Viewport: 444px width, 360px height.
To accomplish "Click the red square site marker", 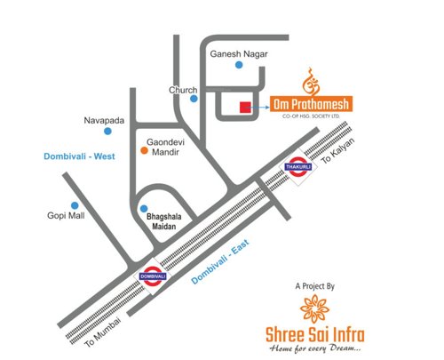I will [x=243, y=108].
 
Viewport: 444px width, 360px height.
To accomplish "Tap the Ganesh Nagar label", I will [x=237, y=53].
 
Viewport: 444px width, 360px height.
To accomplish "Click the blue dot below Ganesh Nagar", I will [x=238, y=66].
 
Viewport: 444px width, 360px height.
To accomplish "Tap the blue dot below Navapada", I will [x=108, y=132].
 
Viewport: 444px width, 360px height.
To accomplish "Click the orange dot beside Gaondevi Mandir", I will [x=142, y=151].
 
